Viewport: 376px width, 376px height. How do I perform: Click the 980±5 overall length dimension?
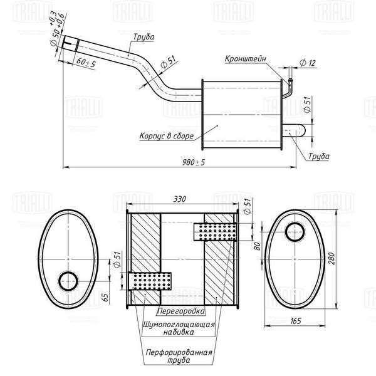[x=194, y=162]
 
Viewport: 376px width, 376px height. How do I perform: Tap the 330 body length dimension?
[x=180, y=199]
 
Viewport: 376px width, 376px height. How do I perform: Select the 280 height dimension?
[x=331, y=258]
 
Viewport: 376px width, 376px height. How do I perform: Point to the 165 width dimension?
[x=296, y=321]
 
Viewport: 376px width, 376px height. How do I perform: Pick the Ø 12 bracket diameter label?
[x=308, y=63]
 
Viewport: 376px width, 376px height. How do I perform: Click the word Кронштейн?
[x=245, y=59]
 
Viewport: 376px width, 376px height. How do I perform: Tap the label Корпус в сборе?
[x=167, y=136]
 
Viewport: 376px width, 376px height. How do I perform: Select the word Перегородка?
[x=181, y=311]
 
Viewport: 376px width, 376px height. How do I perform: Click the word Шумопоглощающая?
[x=179, y=325]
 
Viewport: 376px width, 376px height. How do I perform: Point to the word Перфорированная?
[x=179, y=352]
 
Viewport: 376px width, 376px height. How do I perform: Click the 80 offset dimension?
[x=257, y=246]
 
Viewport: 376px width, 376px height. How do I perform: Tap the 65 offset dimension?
[x=105, y=297]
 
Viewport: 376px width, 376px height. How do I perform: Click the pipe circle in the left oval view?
[x=68, y=281]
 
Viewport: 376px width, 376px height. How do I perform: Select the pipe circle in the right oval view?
[x=295, y=232]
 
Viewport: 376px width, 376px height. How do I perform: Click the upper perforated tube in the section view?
[x=215, y=232]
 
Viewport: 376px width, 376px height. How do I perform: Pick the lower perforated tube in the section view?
[x=149, y=281]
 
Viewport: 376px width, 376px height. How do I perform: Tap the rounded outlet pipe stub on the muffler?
[x=293, y=130]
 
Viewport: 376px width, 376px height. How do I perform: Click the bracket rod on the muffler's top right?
[x=289, y=88]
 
